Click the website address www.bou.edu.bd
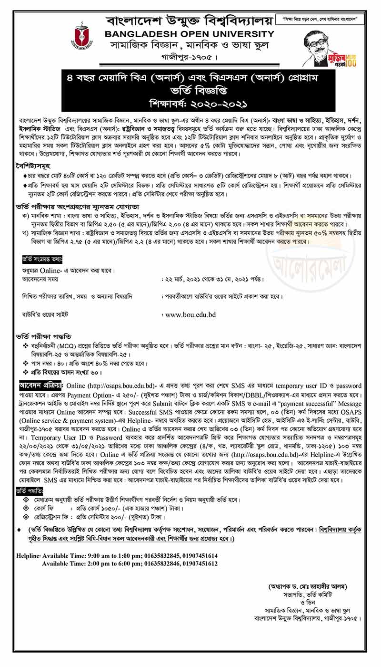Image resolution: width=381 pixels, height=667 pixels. click(190, 314)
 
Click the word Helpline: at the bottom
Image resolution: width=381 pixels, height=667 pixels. click(29, 556)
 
